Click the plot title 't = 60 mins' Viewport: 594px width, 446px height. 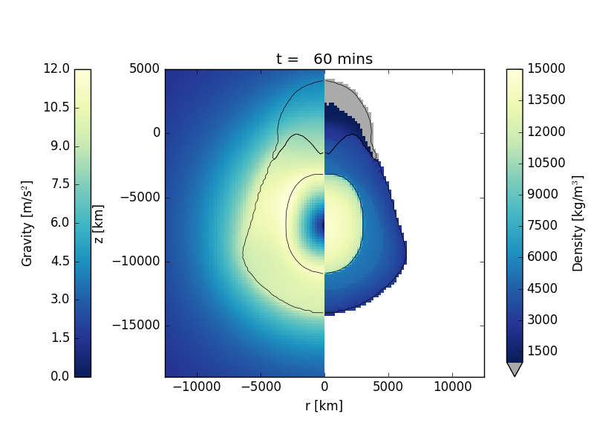[x=324, y=59]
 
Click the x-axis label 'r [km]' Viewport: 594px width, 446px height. [x=324, y=406]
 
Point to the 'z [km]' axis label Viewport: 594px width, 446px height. [x=98, y=223]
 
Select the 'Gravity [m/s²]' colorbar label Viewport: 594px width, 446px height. [x=27, y=223]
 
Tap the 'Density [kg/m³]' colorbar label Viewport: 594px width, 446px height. [x=578, y=223]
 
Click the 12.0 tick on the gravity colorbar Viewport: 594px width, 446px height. [x=58, y=69]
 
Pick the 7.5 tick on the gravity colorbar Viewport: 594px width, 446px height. [x=58, y=184]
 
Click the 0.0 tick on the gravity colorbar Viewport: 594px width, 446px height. [x=58, y=377]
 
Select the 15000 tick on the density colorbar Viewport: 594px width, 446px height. [x=546, y=69]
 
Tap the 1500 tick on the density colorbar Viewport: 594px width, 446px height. [x=546, y=351]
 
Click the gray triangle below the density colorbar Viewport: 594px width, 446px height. [x=514, y=369]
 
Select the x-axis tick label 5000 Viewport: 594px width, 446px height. [x=388, y=387]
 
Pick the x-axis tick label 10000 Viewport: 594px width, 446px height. [x=452, y=387]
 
